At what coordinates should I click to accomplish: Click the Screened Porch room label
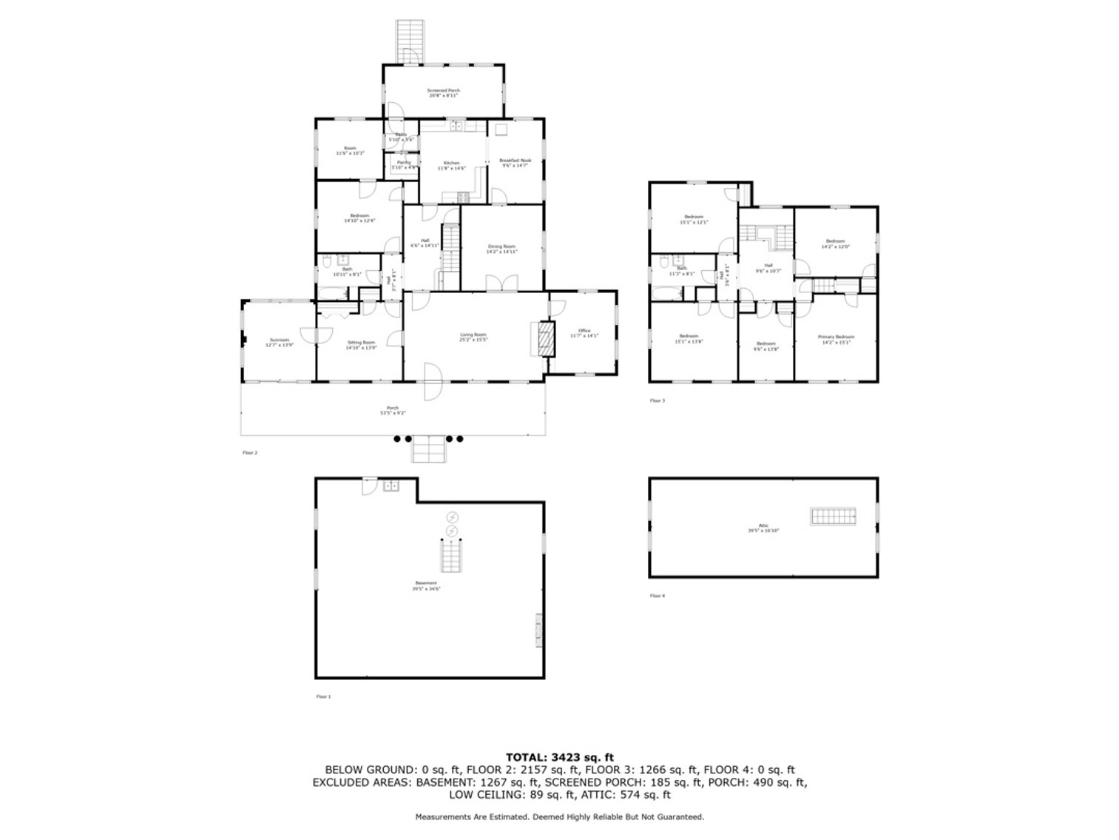coord(443,93)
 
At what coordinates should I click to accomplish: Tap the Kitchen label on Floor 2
coord(451,165)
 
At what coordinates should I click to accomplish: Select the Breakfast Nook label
coord(515,163)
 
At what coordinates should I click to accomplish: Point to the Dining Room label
coord(501,249)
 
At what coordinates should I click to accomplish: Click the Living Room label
coord(473,337)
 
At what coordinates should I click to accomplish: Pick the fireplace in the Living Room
coord(545,339)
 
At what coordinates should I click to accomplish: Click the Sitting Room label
coord(361,345)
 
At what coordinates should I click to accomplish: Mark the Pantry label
coord(404,164)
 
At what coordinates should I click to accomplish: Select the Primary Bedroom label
coord(835,339)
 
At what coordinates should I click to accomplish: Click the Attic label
coord(763,528)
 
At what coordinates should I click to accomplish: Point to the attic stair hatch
coord(833,517)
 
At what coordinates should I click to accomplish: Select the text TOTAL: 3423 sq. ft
coord(559,757)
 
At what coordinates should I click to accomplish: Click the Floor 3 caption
coord(657,401)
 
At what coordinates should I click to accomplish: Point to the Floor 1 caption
coord(323,696)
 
